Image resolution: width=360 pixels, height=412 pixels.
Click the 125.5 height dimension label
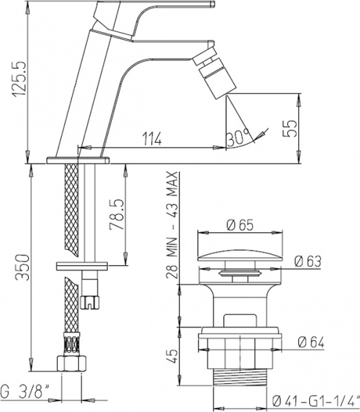(21, 79)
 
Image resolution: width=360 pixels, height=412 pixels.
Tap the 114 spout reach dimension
(152, 139)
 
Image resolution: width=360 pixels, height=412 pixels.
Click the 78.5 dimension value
(117, 214)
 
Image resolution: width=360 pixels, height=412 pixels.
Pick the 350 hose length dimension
(22, 267)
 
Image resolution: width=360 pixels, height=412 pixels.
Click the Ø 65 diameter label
(240, 225)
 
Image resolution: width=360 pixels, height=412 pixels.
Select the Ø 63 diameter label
(308, 262)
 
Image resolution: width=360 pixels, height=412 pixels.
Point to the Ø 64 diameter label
(311, 343)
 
